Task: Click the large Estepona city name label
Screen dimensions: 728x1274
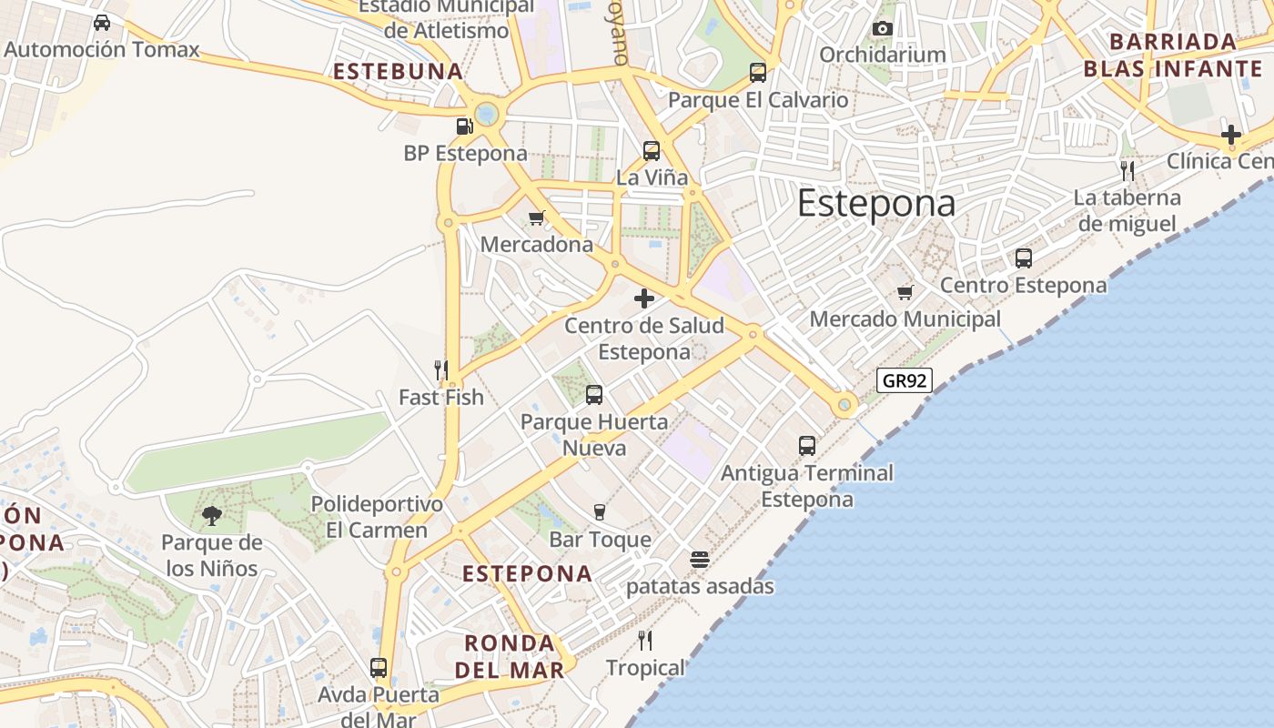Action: point(876,204)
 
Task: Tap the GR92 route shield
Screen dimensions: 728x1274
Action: point(905,380)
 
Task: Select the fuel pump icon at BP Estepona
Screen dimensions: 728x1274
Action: point(465,126)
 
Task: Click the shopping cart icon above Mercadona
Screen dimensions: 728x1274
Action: point(536,217)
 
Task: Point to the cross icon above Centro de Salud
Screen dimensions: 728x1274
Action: point(644,298)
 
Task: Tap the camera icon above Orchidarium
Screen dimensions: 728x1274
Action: point(881,28)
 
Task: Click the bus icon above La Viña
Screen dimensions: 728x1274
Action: point(652,151)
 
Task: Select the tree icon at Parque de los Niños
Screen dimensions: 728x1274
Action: point(211,516)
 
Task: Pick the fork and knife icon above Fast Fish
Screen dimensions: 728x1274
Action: point(441,369)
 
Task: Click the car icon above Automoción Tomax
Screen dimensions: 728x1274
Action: point(102,23)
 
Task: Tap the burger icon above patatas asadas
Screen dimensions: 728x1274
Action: point(699,559)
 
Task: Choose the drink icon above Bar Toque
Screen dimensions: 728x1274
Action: point(599,512)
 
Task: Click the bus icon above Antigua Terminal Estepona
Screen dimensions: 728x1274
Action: point(807,446)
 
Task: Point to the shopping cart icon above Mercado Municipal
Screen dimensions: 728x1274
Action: point(905,292)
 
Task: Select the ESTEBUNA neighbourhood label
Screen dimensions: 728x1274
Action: point(398,71)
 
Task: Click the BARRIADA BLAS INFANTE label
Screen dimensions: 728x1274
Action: point(1172,56)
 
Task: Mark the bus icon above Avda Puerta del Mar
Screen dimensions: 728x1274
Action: point(379,668)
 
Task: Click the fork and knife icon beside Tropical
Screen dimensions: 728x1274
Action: point(645,641)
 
